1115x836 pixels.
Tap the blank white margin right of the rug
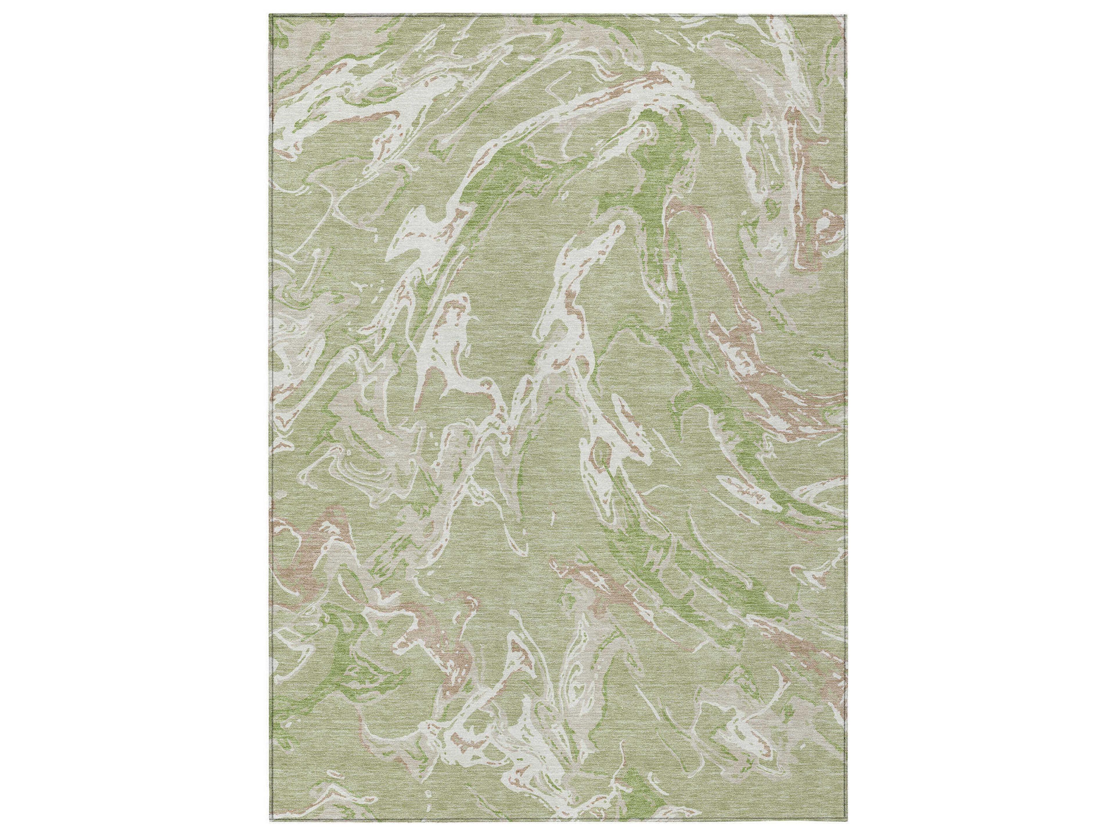[x=978, y=418]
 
